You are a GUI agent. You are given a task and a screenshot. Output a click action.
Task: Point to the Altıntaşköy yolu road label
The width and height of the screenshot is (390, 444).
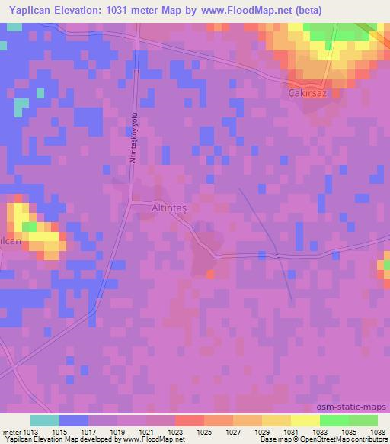click(133, 136)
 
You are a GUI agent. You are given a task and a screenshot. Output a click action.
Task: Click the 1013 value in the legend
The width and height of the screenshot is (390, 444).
click(30, 432)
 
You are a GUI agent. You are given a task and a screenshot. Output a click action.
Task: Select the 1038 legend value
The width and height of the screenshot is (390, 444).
click(379, 432)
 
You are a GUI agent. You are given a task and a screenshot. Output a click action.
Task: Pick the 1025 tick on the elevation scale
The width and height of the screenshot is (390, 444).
click(205, 432)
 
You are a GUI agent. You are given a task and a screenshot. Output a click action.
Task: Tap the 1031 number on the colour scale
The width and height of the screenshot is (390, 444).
click(292, 432)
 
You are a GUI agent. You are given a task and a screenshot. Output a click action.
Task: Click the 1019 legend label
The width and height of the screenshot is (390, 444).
click(118, 432)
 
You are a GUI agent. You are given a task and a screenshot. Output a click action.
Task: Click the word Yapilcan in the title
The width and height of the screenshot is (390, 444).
click(31, 10)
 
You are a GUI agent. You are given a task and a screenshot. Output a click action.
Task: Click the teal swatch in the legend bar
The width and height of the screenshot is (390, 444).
click(45, 420)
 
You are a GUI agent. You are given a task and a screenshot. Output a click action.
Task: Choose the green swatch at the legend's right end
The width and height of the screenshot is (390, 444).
click(363, 420)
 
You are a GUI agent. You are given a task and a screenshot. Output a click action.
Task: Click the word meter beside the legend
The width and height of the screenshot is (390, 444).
click(11, 432)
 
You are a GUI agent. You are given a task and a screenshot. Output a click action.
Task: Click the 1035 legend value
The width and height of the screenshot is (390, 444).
click(350, 432)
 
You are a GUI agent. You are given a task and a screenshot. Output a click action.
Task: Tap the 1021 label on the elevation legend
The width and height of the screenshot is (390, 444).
click(147, 432)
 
